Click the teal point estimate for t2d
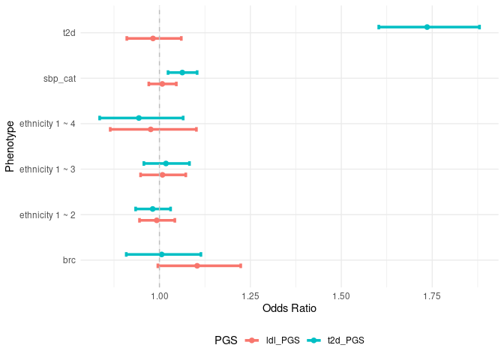(x=427, y=27)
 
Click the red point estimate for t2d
(x=153, y=38)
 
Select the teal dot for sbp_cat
(x=182, y=73)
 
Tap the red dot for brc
(x=197, y=265)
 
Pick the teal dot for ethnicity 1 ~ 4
(x=139, y=118)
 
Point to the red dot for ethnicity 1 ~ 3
(x=162, y=175)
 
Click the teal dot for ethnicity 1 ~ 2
(x=152, y=208)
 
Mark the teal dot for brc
(x=161, y=254)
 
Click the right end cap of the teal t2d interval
(x=479, y=27)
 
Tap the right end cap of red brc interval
(x=241, y=265)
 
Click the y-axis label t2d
(x=69, y=33)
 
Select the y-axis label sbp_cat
(x=59, y=78)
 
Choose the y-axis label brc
(x=69, y=260)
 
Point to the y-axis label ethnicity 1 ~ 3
(x=47, y=169)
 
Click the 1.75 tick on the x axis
(x=432, y=297)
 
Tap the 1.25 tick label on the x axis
(x=250, y=297)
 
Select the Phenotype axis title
(x=10, y=146)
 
